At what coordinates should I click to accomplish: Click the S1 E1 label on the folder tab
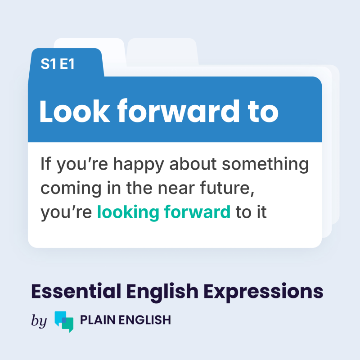(x=58, y=64)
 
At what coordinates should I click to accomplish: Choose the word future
(x=229, y=189)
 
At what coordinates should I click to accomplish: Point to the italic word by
(x=39, y=321)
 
